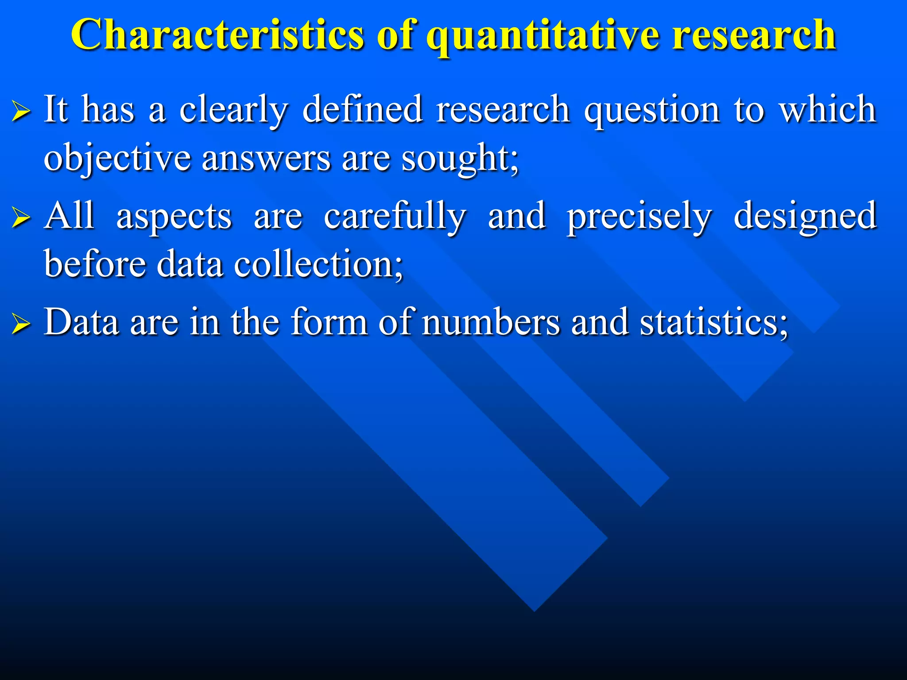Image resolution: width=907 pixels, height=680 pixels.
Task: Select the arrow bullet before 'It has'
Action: [x=21, y=111]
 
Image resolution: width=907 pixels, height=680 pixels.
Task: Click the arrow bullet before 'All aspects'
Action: [x=21, y=217]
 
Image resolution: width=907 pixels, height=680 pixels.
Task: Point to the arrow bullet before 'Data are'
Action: [x=21, y=324]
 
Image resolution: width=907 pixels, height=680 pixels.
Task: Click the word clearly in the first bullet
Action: [x=234, y=111]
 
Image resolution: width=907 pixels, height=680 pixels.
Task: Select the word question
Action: [x=652, y=111]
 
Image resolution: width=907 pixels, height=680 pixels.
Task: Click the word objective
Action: [x=117, y=158]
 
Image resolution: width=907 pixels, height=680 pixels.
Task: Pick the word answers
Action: [x=266, y=158]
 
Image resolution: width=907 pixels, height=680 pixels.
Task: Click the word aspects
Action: [x=174, y=217]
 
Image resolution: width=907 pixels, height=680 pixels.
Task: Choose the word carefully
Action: [x=395, y=216]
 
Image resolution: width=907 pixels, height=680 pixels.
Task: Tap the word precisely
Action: [x=639, y=217]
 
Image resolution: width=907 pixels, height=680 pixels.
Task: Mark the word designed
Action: [x=805, y=216]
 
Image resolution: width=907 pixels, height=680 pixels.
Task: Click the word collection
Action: [x=318, y=264]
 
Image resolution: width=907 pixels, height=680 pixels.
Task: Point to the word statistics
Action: [x=713, y=322]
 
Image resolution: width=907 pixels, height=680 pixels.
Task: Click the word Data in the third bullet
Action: [x=81, y=322]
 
